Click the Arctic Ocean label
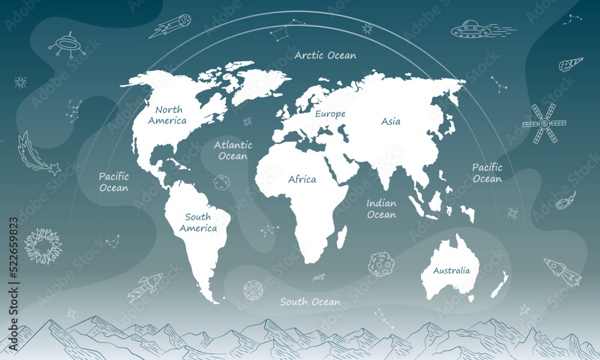pos(325,56)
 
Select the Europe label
pos(331,113)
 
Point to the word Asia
pos(391,121)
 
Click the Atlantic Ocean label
pos(233,151)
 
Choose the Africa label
pos(302,179)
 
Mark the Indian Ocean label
pos(382,209)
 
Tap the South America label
pos(198,223)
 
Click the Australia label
pos(451,271)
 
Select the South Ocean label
pos(310,302)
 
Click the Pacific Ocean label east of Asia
pos(487,173)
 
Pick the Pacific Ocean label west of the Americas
pos(113,182)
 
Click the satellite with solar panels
pos(544,124)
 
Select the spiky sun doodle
pos(43,247)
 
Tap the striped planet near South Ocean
pos(253,291)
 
